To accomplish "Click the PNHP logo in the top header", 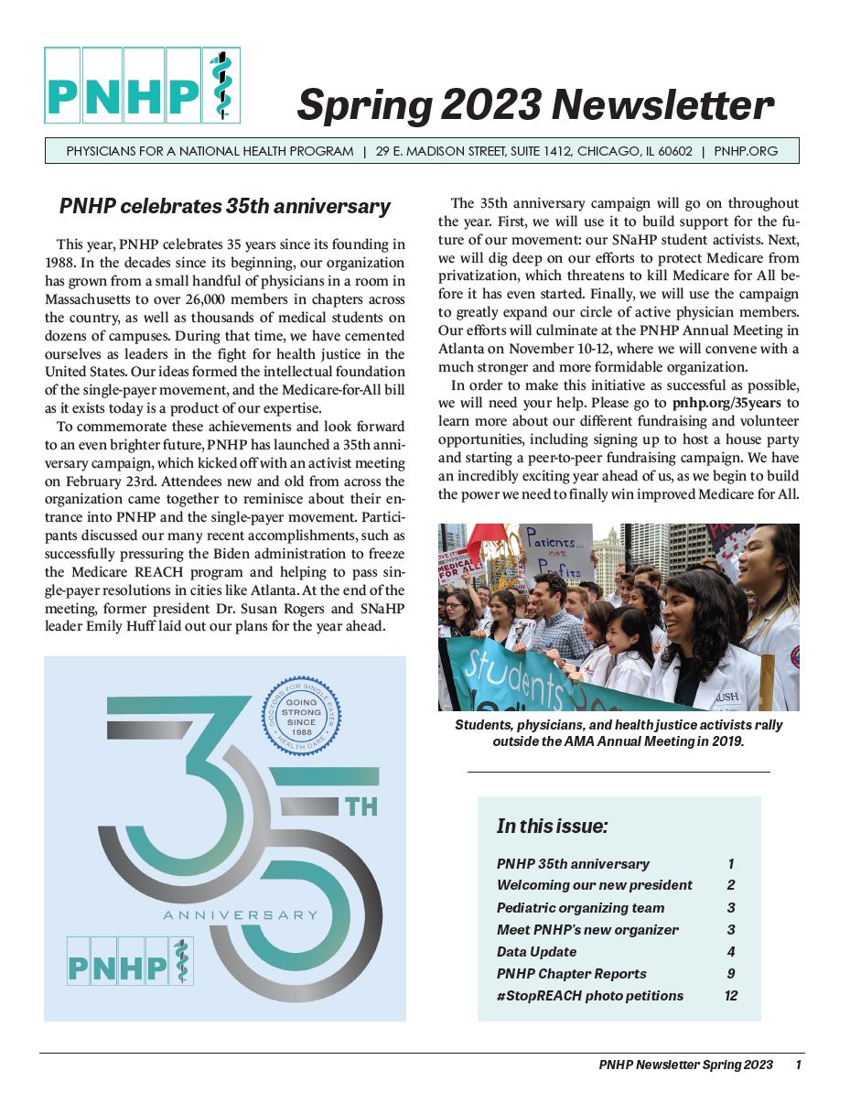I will pos(142,85).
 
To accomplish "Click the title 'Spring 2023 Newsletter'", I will pos(534,105).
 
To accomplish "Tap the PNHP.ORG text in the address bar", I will pos(746,151).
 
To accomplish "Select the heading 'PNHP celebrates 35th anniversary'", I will pos(225,207).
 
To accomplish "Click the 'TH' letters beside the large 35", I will pos(360,807).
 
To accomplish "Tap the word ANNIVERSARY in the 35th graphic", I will pos(240,914).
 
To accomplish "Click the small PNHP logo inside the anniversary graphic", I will pos(130,960).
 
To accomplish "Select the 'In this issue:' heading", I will pos(552,827).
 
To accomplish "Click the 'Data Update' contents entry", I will pos(536,952).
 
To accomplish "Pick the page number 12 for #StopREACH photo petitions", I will pos(730,996).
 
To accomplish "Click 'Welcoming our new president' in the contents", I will pos(594,885).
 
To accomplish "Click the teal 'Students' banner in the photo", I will pos(512,673).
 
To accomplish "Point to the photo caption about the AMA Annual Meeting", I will pos(619,733).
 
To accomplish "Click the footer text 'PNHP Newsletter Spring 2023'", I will pos(685,1065).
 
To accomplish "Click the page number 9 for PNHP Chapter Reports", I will pos(730,974).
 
